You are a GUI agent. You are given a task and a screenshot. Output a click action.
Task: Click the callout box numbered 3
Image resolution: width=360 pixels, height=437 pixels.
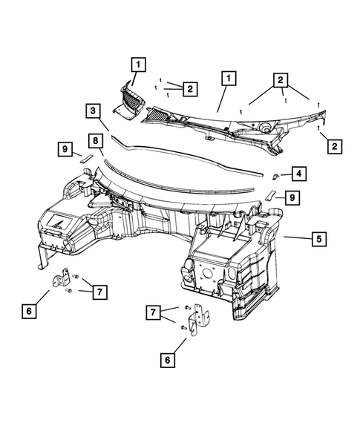click(93, 111)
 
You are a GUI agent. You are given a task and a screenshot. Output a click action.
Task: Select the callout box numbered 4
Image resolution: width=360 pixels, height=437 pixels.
click(299, 174)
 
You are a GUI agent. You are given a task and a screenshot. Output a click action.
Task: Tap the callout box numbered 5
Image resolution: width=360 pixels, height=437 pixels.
click(318, 239)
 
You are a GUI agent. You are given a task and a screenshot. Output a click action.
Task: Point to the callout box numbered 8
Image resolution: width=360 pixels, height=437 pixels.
click(96, 141)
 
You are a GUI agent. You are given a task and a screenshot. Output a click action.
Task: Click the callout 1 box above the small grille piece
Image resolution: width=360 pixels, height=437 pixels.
click(138, 65)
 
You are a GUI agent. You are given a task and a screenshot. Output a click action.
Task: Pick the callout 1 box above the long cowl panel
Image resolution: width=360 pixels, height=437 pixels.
click(229, 79)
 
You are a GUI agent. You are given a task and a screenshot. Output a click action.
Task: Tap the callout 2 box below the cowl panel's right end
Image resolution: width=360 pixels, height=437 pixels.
click(334, 146)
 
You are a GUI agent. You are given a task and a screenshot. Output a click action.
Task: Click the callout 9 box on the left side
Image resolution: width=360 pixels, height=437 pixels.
click(65, 149)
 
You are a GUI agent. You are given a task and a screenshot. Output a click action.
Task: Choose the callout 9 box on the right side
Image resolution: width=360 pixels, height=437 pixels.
click(292, 198)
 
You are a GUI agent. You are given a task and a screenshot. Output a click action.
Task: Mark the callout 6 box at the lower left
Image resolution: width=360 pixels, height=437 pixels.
click(29, 311)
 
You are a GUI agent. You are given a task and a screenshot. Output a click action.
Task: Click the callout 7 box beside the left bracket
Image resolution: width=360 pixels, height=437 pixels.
click(99, 292)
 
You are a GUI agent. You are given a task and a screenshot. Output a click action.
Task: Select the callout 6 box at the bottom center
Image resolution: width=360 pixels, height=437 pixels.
click(167, 360)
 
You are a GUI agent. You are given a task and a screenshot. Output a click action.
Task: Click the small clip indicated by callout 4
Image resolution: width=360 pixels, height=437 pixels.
click(275, 176)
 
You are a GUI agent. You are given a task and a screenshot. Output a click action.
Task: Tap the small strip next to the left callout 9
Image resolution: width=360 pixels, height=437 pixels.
click(86, 159)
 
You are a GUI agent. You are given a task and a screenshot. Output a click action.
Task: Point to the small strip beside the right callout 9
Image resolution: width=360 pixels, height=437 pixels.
click(270, 196)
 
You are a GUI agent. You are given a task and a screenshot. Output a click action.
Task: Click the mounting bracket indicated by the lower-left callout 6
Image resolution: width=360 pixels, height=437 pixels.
click(62, 278)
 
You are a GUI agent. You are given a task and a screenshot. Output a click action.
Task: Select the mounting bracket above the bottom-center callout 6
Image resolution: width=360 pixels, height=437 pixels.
click(198, 319)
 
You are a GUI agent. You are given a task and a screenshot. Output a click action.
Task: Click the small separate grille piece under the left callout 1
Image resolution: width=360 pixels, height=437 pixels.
click(130, 102)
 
